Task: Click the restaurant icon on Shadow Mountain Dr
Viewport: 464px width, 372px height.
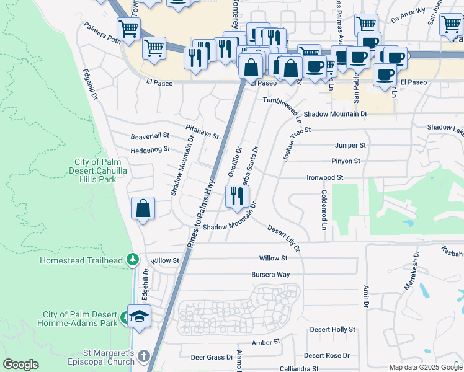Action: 236,197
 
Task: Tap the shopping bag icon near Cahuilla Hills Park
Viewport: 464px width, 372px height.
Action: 143,209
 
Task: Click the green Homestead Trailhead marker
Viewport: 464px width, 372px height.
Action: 131,260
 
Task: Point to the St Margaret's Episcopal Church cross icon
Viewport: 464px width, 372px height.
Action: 144,356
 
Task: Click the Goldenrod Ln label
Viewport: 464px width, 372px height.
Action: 324,210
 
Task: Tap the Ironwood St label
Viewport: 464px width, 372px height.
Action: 325,177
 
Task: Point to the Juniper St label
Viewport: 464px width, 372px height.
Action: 350,145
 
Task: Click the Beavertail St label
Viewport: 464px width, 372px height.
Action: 149,135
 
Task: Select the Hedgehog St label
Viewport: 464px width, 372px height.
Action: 149,150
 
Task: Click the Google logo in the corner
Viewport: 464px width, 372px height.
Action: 21,365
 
